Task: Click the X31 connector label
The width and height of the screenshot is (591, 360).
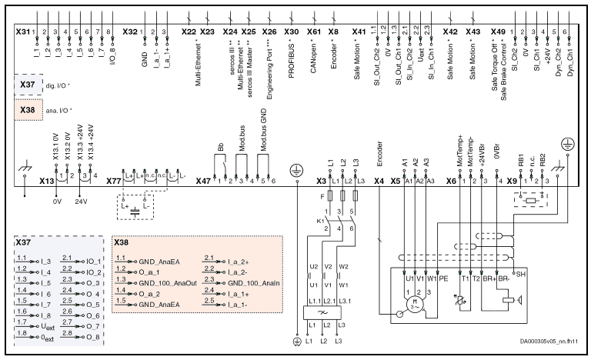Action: click(x=24, y=32)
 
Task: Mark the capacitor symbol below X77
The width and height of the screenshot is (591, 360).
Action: click(x=136, y=208)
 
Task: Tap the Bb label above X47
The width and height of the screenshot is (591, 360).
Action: click(x=221, y=146)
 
